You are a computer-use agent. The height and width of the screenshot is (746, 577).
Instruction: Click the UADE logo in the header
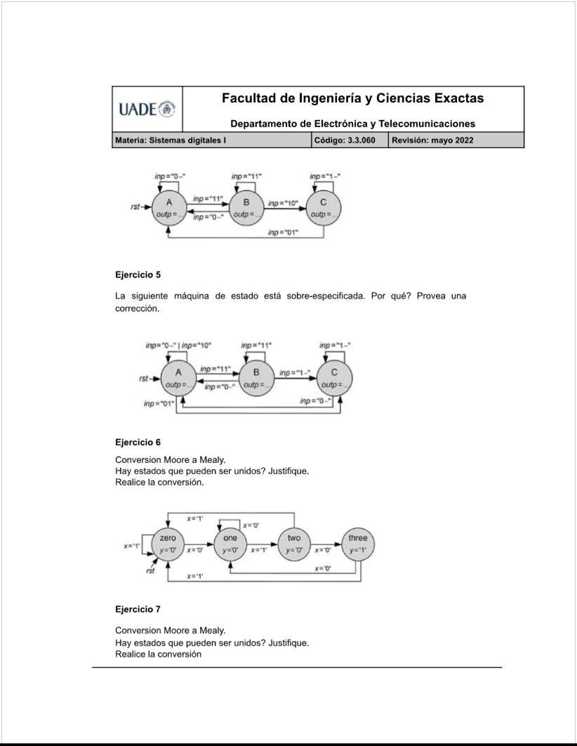coord(147,110)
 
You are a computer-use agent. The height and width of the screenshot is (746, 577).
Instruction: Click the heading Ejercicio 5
coord(138,274)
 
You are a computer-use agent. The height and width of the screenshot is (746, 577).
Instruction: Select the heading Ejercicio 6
coord(138,443)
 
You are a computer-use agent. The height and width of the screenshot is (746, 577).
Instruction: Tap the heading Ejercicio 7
coord(138,609)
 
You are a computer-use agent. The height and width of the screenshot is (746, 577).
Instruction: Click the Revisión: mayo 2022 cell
coord(432,140)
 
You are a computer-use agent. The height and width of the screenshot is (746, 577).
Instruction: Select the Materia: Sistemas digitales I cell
coord(170,140)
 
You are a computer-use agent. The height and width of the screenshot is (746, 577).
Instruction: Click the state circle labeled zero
coord(168,544)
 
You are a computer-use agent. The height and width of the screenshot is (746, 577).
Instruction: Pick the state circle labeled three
coord(357,544)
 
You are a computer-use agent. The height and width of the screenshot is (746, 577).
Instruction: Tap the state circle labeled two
coord(294,544)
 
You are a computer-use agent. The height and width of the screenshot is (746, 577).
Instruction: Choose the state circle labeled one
coord(231,544)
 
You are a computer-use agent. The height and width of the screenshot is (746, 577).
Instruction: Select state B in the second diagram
coord(256,378)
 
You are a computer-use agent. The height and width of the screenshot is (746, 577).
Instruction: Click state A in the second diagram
coord(178,378)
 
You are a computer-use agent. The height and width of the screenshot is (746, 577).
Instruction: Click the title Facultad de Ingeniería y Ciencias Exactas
coord(352,98)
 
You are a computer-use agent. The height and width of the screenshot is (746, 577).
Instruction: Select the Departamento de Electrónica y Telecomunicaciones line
coord(352,124)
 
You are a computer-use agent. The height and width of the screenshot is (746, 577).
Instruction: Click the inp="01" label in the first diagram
coord(283,232)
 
